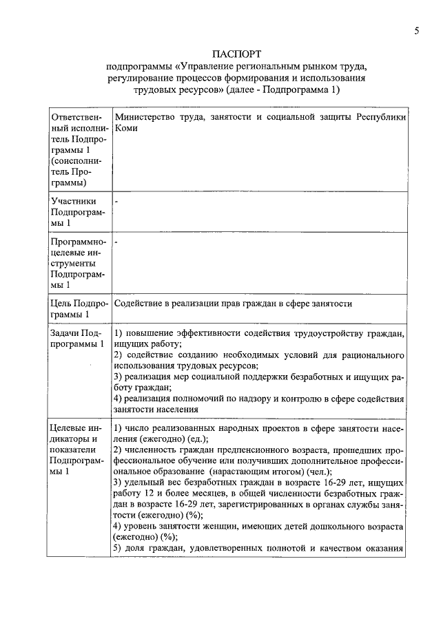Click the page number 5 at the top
coord(416,30)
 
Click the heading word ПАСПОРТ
coord(238,53)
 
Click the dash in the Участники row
coord(116,200)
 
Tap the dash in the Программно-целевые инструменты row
coord(116,242)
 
